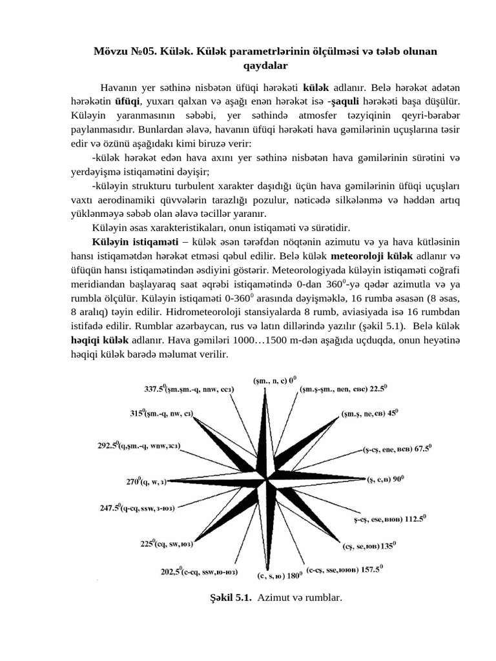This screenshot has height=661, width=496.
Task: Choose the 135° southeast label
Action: point(369,545)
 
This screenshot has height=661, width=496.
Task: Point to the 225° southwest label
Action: point(169,544)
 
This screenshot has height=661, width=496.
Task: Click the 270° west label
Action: point(147,481)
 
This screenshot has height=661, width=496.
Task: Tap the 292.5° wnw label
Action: point(139,445)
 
